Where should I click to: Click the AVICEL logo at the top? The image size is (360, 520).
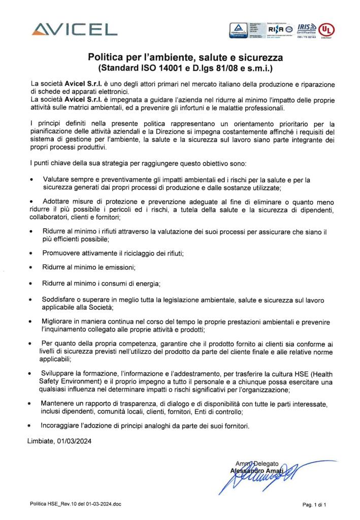(x=73, y=29)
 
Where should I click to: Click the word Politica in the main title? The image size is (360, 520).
(x=110, y=57)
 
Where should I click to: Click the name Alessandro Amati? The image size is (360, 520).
(x=252, y=470)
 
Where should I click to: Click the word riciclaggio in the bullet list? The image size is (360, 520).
(x=132, y=253)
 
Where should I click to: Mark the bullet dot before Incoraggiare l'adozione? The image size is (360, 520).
(x=32, y=426)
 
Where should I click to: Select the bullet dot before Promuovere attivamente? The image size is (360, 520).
(x=32, y=253)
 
